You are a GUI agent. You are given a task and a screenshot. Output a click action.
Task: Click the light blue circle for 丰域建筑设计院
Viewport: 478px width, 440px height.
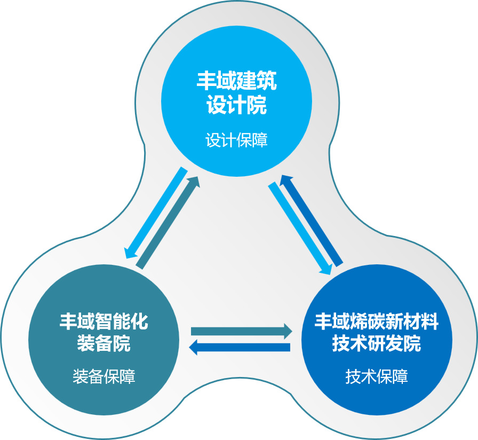[x=236, y=101]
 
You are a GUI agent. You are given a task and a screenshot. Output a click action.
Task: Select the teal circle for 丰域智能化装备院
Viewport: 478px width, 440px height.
[x=103, y=340]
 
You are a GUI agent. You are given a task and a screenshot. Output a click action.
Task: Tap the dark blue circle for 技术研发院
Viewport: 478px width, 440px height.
[x=377, y=340]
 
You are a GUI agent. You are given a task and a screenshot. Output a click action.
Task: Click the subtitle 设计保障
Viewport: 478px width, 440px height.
[x=236, y=140]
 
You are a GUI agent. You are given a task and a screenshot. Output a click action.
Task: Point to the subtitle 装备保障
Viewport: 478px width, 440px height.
[x=103, y=376]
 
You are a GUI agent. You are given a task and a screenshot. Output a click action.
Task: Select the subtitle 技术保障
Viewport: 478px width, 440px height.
[x=377, y=376]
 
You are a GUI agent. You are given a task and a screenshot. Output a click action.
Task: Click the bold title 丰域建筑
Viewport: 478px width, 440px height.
[x=236, y=81]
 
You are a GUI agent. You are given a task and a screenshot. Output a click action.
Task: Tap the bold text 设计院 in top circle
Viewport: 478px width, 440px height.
[x=236, y=105]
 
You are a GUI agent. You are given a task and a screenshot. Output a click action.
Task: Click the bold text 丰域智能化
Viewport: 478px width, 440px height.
[x=103, y=321]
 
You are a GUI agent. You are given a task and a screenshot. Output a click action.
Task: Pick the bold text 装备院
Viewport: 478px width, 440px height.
[x=103, y=343]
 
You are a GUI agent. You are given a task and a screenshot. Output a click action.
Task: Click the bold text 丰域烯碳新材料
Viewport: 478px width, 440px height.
[x=377, y=321]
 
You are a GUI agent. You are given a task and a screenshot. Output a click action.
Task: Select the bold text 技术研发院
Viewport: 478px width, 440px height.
[x=377, y=343]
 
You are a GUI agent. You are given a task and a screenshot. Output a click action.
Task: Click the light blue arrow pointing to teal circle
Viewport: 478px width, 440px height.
[x=155, y=213]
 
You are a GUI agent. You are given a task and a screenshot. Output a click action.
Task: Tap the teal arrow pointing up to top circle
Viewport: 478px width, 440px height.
[x=168, y=223]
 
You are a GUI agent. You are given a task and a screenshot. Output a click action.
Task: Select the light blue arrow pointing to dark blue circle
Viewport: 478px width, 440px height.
[x=300, y=228]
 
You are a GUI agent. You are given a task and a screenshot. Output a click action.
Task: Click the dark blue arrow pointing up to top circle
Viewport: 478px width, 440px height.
[x=311, y=221]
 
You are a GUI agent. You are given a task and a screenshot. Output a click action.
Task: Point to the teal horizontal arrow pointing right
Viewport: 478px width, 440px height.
[x=242, y=331]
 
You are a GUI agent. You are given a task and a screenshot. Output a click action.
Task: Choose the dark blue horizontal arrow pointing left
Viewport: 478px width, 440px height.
[x=240, y=347]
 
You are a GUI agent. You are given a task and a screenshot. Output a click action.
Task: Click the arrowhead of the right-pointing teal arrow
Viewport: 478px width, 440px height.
[x=288, y=331]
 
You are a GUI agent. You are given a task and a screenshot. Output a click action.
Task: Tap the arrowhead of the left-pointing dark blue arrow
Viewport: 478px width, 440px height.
[x=194, y=347]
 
